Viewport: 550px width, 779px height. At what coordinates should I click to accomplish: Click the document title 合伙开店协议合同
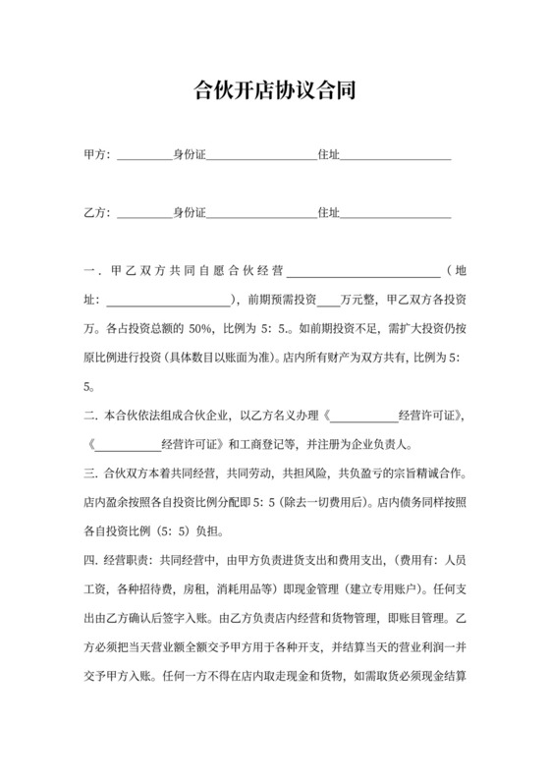pos(275,92)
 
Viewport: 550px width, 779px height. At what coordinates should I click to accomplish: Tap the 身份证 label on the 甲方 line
pos(190,155)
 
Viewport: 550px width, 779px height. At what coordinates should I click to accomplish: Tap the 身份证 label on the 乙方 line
pos(190,212)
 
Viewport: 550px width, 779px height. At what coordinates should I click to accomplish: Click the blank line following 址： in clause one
pos(167,300)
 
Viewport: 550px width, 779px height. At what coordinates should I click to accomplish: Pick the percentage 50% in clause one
pos(201,328)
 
